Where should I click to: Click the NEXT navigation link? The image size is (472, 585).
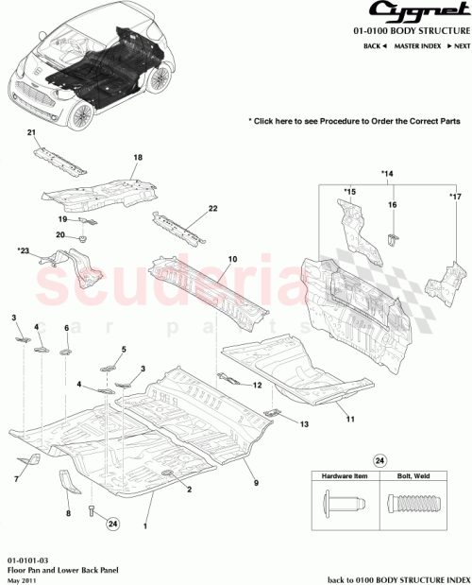click(458, 45)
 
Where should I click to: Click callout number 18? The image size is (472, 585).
click(137, 157)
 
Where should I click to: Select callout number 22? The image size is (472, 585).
click(212, 208)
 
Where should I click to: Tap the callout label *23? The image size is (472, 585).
click(23, 250)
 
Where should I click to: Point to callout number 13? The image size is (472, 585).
click(304, 424)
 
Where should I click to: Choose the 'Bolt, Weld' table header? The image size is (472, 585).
click(413, 478)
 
